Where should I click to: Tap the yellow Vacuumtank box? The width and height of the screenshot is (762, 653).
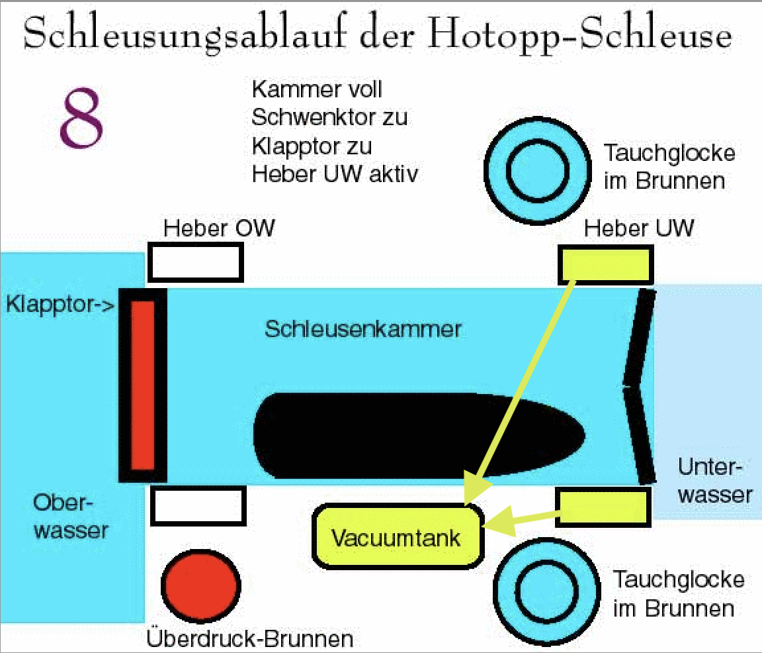pos(398,536)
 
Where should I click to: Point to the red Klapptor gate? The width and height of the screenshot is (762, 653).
pos(142,385)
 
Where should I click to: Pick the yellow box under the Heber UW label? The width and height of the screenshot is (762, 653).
pos(606,264)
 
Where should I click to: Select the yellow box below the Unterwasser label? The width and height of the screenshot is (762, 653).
pos(602,507)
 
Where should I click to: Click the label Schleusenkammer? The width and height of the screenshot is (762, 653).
pos(363,329)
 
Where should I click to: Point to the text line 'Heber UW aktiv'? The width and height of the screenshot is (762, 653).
pos(335,174)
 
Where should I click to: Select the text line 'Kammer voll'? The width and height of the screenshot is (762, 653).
pos(317,89)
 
